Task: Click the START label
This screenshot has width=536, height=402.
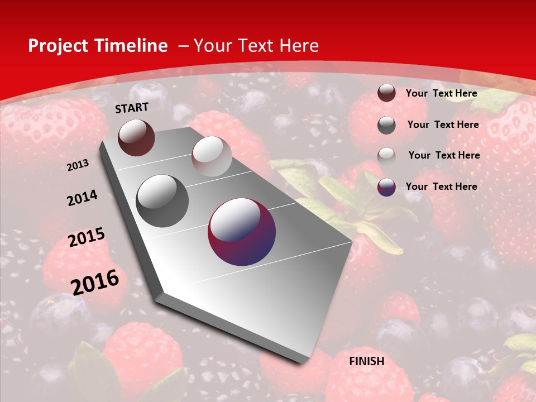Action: pyautogui.click(x=132, y=108)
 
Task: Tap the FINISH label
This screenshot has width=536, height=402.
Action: pyautogui.click(x=366, y=361)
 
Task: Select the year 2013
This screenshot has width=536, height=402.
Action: pyautogui.click(x=78, y=165)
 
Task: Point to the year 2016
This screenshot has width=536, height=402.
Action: pyautogui.click(x=95, y=283)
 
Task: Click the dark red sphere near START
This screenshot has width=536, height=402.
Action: pyautogui.click(x=136, y=137)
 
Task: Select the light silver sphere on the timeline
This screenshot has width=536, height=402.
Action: pyautogui.click(x=212, y=156)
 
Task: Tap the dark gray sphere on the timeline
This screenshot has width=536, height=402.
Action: pyautogui.click(x=162, y=201)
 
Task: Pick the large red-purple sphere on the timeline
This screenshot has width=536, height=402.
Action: pyautogui.click(x=242, y=232)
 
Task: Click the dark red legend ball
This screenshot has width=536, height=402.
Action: pyautogui.click(x=386, y=93)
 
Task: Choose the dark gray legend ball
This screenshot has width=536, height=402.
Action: pyautogui.click(x=386, y=125)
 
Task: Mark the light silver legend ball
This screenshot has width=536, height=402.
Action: pyautogui.click(x=386, y=156)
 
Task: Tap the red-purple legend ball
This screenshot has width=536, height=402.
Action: pyautogui.click(x=386, y=187)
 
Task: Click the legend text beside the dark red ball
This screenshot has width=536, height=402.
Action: pyautogui.click(x=441, y=93)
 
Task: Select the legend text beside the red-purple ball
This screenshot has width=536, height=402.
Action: pyautogui.click(x=441, y=186)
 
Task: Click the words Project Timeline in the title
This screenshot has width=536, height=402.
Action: pyautogui.click(x=98, y=46)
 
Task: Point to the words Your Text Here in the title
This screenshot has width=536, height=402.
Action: pyautogui.click(x=256, y=46)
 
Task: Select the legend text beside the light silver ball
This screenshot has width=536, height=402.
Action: pyautogui.click(x=444, y=155)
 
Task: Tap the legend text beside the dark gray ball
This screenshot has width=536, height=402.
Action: pyautogui.click(x=443, y=125)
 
